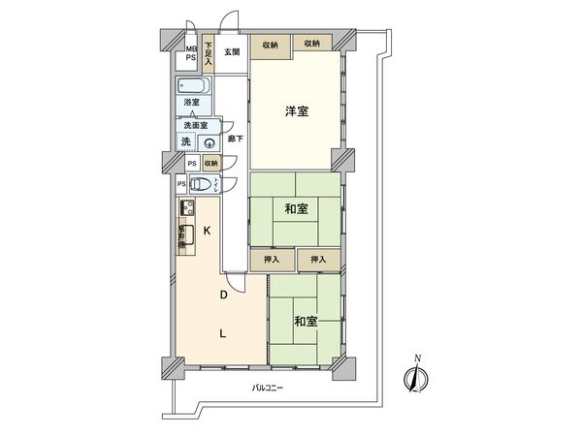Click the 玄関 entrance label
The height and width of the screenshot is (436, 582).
click(x=232, y=52)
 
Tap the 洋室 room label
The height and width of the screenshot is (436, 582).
click(x=297, y=112)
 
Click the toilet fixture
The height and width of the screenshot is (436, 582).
click(x=201, y=184)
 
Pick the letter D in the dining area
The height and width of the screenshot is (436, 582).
click(x=222, y=294)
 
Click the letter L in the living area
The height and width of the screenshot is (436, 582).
click(x=222, y=334)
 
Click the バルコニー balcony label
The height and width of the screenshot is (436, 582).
click(x=267, y=388)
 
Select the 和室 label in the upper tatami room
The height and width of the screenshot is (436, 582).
click(x=297, y=208)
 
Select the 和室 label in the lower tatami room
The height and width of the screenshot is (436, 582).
click(x=306, y=322)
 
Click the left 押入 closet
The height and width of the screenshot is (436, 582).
click(x=272, y=259)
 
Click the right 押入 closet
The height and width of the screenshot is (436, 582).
click(x=318, y=259)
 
